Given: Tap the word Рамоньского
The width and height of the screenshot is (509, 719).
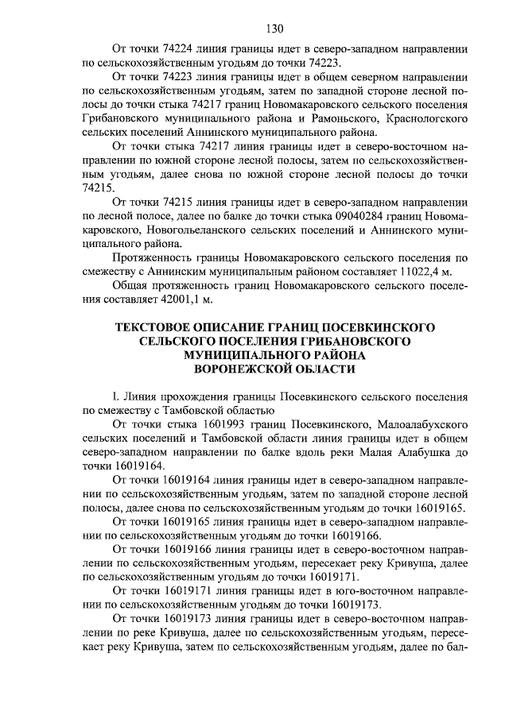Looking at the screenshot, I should [332, 119].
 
